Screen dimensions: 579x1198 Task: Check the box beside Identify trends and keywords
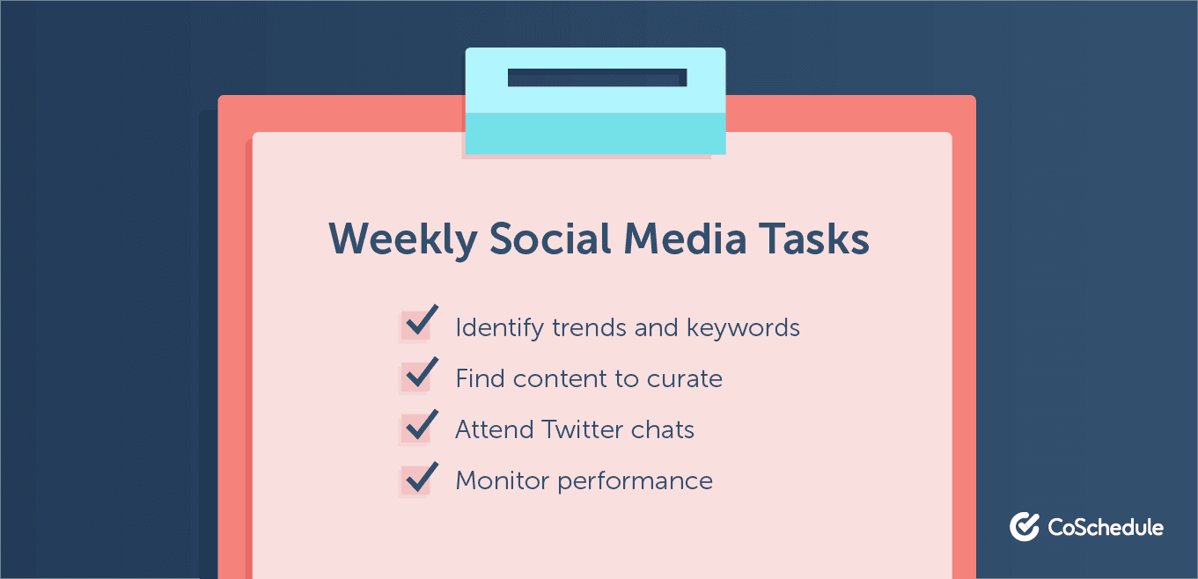coord(415,326)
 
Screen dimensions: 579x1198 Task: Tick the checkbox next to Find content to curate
coord(415,377)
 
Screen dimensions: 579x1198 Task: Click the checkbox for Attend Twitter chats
coord(415,428)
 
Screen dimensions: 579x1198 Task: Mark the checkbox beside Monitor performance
coord(415,479)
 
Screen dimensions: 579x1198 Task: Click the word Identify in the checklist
coord(500,328)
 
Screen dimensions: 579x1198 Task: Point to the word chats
coord(663,430)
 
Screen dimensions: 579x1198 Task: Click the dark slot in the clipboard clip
coord(597,77)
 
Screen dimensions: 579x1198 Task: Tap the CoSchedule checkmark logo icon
coord(1025,526)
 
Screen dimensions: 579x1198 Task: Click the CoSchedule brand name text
coord(1106,527)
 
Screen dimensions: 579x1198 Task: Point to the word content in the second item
coord(555,379)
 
